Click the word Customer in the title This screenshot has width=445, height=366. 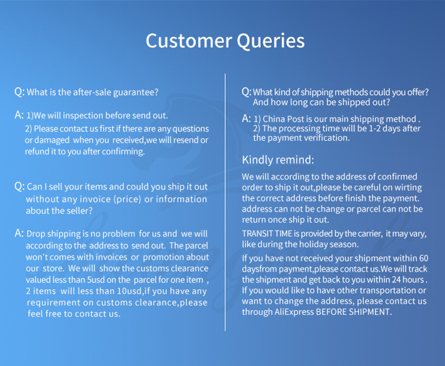189,41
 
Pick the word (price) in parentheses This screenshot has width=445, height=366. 127,199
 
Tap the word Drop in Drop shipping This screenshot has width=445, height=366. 35,234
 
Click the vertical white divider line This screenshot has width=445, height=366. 225,202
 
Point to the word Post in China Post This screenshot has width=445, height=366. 296,119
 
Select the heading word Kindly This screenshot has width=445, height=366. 256,160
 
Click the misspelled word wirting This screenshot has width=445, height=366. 408,188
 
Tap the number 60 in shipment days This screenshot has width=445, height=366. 424,258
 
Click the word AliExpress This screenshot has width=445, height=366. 293,312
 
